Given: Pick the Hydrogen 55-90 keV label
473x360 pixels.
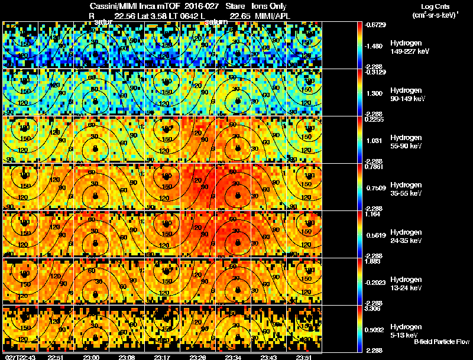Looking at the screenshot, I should (x=407, y=142).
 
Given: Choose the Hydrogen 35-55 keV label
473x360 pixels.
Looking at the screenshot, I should (x=407, y=189).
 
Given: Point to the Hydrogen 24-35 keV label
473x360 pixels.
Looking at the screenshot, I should (x=407, y=236).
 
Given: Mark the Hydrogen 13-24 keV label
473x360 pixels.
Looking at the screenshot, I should (x=407, y=284).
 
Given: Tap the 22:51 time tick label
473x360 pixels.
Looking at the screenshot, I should (x=55, y=357).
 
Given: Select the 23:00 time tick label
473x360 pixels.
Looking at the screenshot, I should (x=92, y=357).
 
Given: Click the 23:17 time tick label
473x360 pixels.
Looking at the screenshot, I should (x=163, y=357).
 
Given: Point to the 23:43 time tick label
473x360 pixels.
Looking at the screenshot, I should (x=270, y=357).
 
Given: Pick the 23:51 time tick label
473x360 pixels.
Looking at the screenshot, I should (x=305, y=357).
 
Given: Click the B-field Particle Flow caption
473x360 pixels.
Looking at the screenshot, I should (x=441, y=342).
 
